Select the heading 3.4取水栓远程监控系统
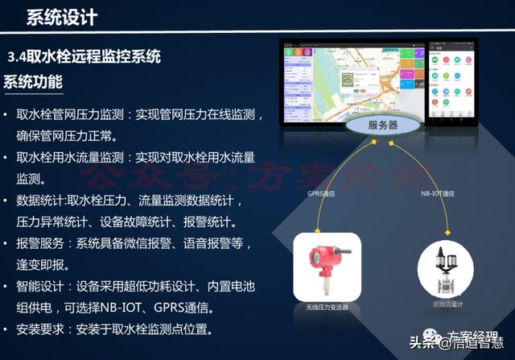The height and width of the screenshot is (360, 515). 84,57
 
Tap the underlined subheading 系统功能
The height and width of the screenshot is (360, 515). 33,82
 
